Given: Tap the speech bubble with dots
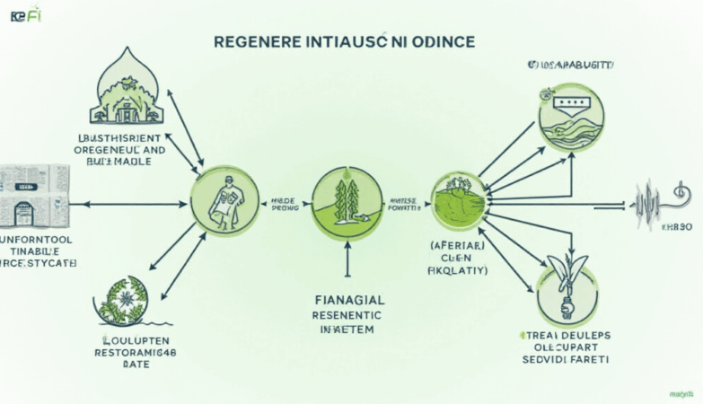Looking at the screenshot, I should click(x=571, y=106).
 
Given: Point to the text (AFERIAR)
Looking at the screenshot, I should click(x=458, y=242).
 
